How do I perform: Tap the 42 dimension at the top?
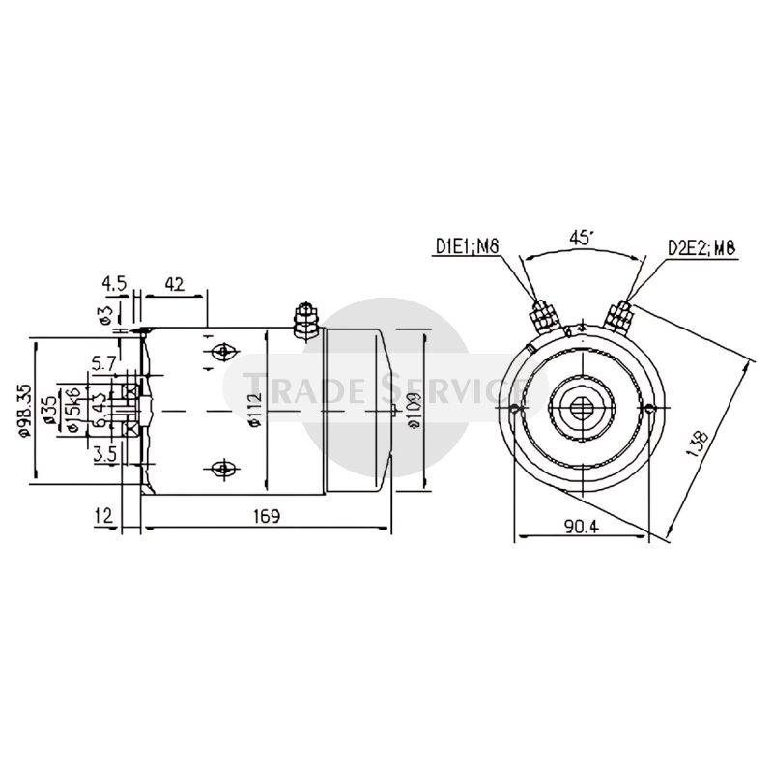click(x=175, y=284)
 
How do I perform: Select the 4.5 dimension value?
click(x=114, y=284)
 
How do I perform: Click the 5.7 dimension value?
click(x=104, y=364)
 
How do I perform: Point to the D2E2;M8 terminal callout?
click(x=701, y=248)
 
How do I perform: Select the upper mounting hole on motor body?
click(x=222, y=351)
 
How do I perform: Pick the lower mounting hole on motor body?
click(x=222, y=470)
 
